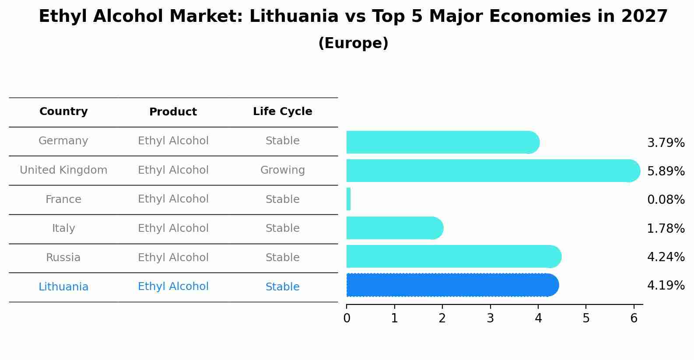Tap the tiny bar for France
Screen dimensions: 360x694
(348, 199)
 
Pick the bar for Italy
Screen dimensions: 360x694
(394, 228)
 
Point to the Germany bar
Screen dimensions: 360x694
(442, 142)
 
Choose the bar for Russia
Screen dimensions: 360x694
(453, 256)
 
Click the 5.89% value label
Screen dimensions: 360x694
(666, 171)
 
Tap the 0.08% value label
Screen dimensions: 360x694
(666, 200)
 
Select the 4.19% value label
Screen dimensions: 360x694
(666, 286)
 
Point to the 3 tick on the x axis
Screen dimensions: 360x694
(490, 318)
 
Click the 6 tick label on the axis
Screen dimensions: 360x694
(634, 318)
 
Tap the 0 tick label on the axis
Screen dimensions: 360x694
(347, 318)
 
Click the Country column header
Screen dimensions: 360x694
(63, 112)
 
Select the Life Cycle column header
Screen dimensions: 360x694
(282, 112)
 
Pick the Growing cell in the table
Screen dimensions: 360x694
(282, 170)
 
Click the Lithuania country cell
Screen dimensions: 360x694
(63, 287)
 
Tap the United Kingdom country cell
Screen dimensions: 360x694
(63, 170)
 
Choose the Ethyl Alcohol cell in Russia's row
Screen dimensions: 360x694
(173, 258)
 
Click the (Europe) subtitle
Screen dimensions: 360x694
(353, 43)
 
